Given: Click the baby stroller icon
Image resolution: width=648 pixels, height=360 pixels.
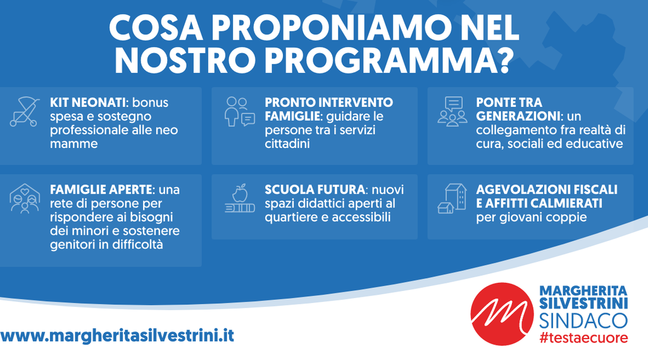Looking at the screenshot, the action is point(25,111).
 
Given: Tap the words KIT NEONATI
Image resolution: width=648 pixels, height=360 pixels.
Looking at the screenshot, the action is point(87,102).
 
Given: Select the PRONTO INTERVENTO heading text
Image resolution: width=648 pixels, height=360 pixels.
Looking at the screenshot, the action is point(329,102).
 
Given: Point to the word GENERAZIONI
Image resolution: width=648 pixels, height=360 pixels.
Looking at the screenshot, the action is point(518,116).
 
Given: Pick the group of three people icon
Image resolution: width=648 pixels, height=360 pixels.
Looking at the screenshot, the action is point(452,111).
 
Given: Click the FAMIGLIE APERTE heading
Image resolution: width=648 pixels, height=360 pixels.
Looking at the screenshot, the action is point(101,190).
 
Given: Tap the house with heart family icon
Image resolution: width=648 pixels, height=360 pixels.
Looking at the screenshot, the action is point(25,199).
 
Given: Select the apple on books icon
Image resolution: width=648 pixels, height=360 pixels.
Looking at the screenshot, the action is point(240,199).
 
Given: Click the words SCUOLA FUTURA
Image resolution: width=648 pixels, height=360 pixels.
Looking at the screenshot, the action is point(315,190).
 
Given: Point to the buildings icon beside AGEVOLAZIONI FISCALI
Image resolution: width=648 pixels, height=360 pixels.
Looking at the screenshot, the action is point(452,199).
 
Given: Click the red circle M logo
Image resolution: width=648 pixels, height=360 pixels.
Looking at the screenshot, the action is point(502,314).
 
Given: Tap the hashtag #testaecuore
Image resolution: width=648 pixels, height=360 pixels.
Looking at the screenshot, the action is point(583,338).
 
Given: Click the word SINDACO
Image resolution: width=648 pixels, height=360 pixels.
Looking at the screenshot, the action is point(583,321).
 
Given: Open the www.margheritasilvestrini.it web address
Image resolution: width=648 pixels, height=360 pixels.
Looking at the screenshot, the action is point(117,335).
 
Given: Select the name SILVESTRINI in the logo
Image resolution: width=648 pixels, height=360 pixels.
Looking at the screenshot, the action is point(583,303).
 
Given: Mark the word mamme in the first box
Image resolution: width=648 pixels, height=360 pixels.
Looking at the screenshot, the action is point(74,144).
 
